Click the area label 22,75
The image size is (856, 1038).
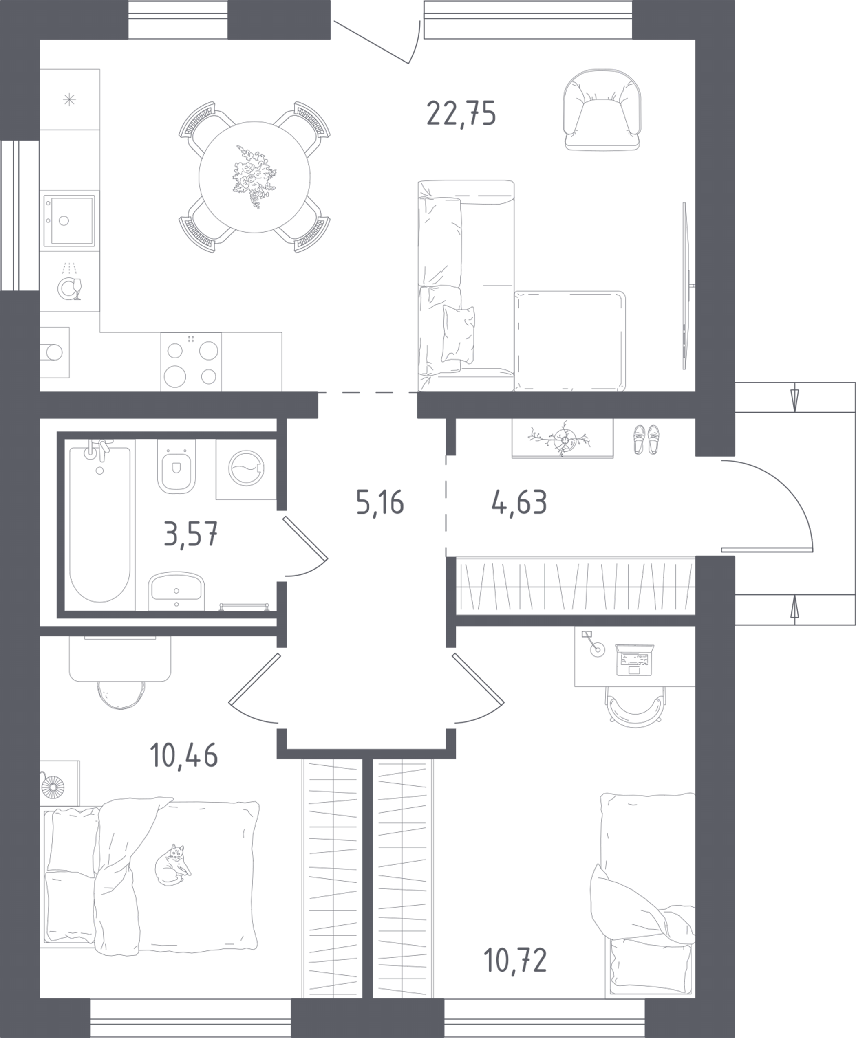pyautogui.click(x=461, y=113)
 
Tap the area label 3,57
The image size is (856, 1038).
pyautogui.click(x=191, y=534)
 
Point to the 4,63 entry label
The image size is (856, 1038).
pyautogui.click(x=519, y=503)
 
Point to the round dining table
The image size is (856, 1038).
pyautogui.click(x=254, y=176)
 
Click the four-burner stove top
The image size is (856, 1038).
pyautogui.click(x=191, y=362)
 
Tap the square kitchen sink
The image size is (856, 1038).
pyautogui.click(x=69, y=221)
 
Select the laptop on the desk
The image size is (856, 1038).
pyautogui.click(x=635, y=660)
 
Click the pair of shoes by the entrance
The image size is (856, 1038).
pyautogui.click(x=646, y=439)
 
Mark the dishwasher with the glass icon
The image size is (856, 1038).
pyautogui.click(x=70, y=281)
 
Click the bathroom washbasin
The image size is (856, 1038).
pyautogui.click(x=176, y=591)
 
